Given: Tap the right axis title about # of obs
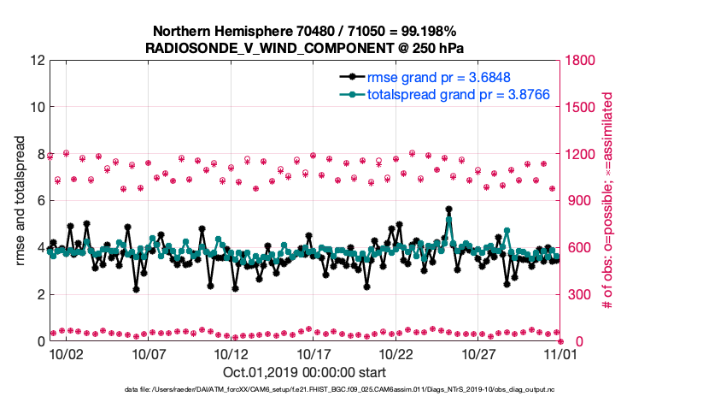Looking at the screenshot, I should (609, 200).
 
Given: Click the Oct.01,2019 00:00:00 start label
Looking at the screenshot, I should (304, 372).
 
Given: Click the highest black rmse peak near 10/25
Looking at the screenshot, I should (448, 209).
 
